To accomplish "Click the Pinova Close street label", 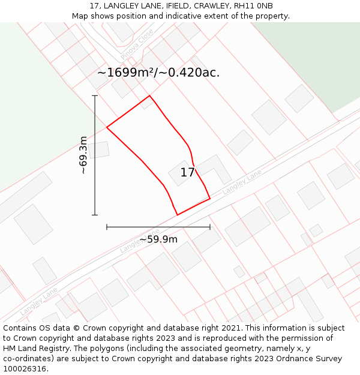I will point(137,44).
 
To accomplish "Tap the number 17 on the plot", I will point(187,173).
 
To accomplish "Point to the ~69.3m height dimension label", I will point(83,155).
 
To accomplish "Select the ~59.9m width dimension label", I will point(158,239).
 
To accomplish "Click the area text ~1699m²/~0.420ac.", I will point(158,73).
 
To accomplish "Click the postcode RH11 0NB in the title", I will point(252,6).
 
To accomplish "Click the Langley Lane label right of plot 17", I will point(242,182).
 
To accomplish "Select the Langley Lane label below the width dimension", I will point(139,241).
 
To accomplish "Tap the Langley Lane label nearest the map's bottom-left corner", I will point(38,301).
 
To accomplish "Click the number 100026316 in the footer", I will point(24,369).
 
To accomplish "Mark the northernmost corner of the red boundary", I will point(149,95).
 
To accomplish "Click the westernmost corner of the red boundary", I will point(107,127).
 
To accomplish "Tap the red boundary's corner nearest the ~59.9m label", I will point(177,215).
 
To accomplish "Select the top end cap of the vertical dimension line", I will point(95,95).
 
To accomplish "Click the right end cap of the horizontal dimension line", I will point(210,227).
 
